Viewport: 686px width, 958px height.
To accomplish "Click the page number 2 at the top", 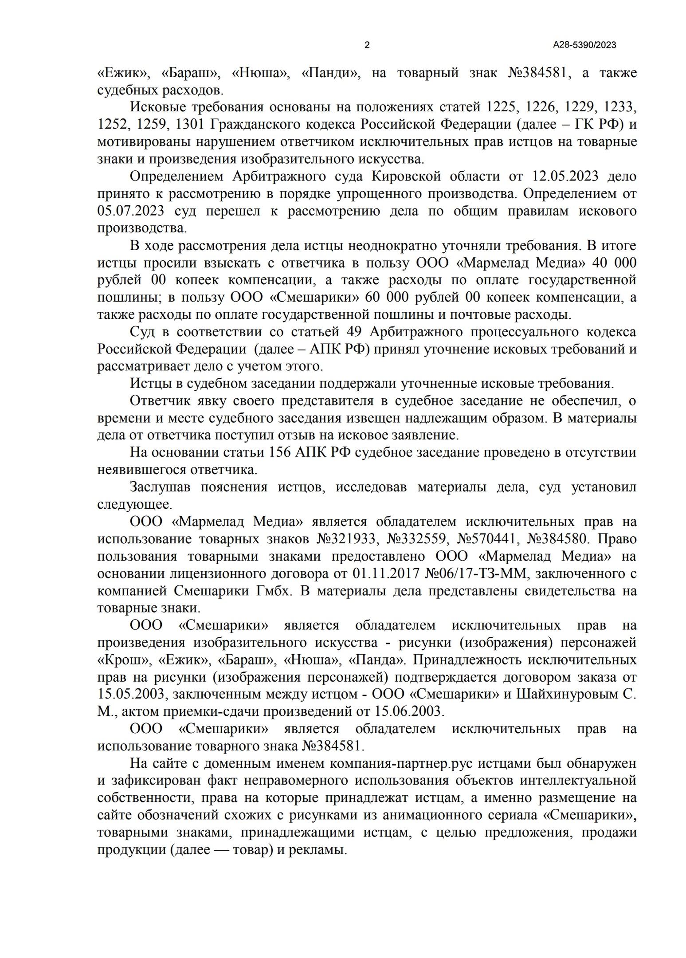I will (x=367, y=45).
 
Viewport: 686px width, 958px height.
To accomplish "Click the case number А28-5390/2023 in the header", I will (x=584, y=45).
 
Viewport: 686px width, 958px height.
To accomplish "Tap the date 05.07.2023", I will (x=130, y=211).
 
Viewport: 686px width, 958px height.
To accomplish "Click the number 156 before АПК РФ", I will (x=280, y=452).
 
